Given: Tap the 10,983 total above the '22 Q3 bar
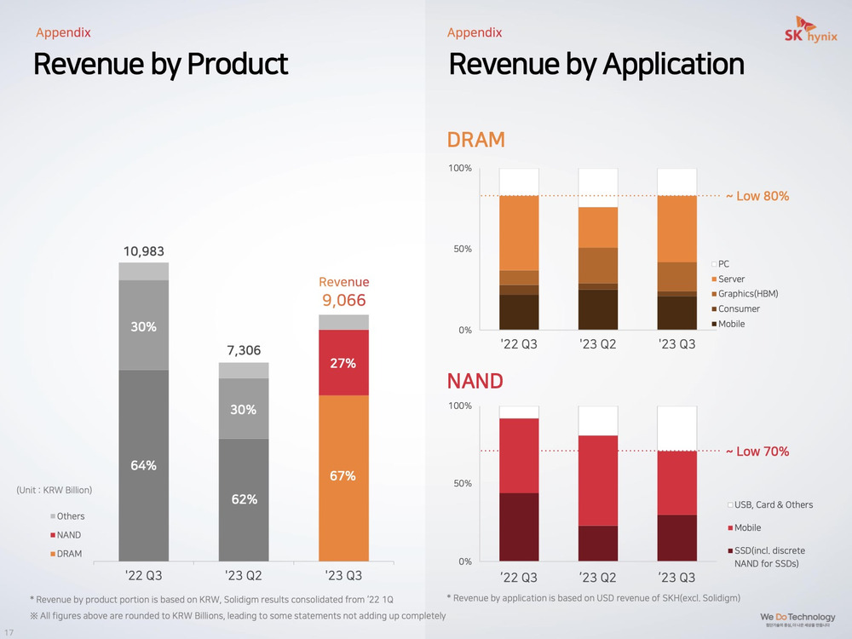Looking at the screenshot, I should click(x=144, y=251).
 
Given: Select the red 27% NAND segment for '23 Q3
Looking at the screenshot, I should click(x=343, y=363).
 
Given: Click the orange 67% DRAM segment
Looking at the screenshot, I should click(x=343, y=476).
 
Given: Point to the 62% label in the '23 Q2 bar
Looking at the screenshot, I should click(x=244, y=499).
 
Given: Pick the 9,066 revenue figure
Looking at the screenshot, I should click(x=343, y=300).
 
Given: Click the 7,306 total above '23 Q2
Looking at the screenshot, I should click(x=244, y=350).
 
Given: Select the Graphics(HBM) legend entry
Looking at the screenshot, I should click(x=747, y=294).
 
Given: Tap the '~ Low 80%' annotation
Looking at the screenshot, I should click(x=757, y=196).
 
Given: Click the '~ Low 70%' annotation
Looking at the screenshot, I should click(x=757, y=451).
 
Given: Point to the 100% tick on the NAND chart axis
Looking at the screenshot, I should click(x=460, y=406).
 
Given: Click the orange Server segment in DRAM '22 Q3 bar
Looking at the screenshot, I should click(x=519, y=233).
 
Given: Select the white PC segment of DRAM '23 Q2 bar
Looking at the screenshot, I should click(x=598, y=187).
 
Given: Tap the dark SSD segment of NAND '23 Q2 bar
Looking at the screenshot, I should click(x=598, y=544).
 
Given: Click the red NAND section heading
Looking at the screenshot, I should click(x=475, y=380).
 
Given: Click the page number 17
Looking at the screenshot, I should click(x=9, y=632).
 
